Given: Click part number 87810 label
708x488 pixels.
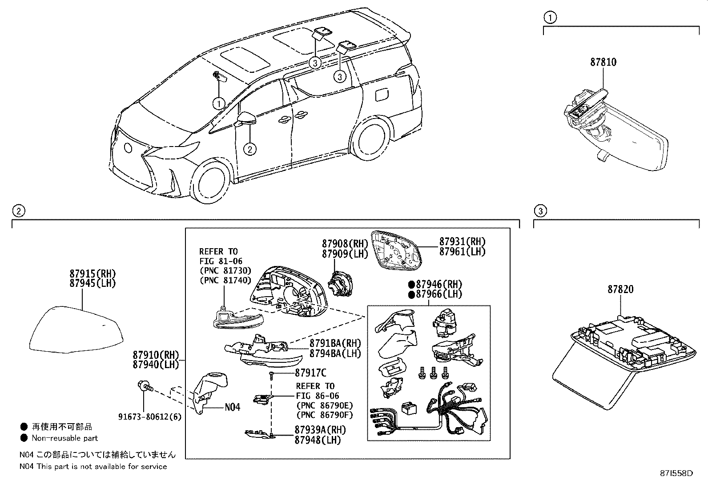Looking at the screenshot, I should (x=603, y=62).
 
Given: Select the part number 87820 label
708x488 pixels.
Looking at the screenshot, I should (x=620, y=290).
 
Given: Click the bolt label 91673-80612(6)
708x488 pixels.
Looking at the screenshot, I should (x=149, y=417).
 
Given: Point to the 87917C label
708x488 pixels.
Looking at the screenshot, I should (x=310, y=373).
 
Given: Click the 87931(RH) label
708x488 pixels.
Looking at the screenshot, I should (x=462, y=242).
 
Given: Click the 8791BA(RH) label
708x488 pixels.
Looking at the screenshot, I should (x=335, y=343).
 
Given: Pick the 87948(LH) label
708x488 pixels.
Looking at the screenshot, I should (x=317, y=440).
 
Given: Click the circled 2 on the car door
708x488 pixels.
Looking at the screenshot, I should (x=250, y=149).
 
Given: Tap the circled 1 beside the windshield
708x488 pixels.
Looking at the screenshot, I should (x=219, y=103).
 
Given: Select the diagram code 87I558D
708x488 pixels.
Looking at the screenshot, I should (x=676, y=473).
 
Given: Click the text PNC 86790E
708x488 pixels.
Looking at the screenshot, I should (x=324, y=405).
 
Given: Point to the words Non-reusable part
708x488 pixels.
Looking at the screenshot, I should (x=64, y=438).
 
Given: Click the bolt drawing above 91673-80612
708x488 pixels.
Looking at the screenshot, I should (x=145, y=386).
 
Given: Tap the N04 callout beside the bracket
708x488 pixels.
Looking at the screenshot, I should (x=232, y=407).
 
